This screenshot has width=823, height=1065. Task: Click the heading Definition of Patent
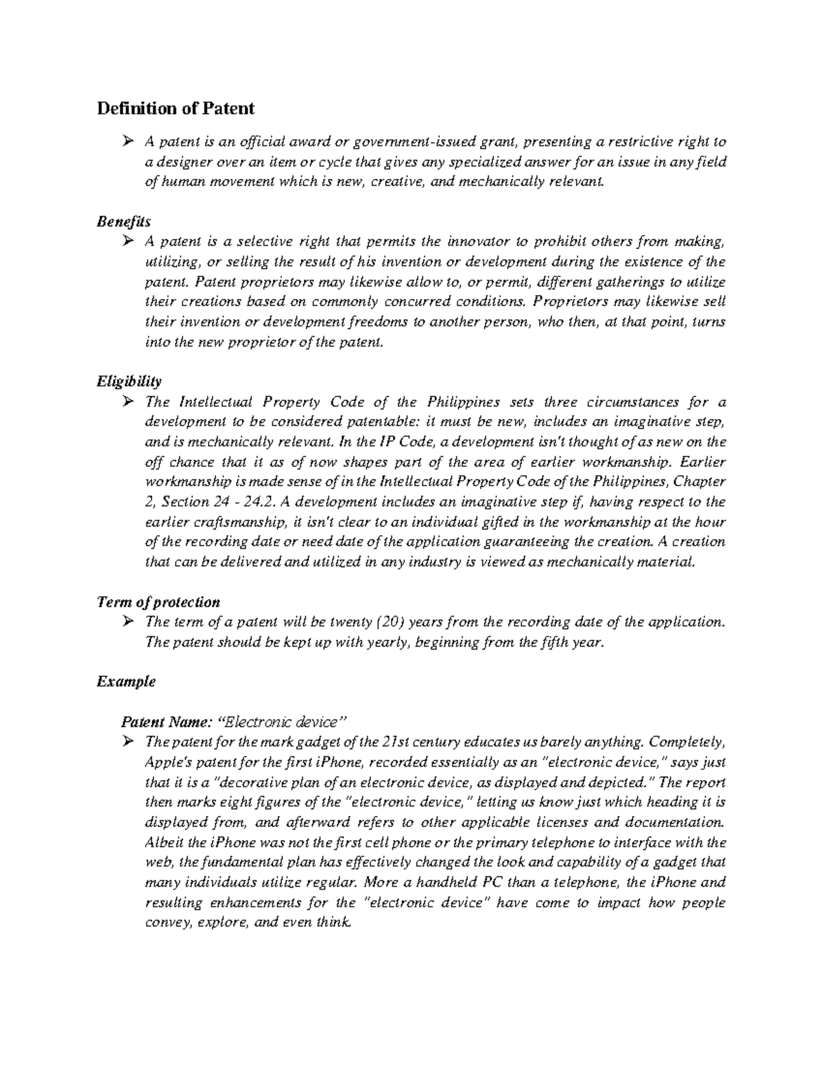176,108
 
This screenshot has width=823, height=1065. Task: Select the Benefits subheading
123,222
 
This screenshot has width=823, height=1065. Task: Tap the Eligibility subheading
129,381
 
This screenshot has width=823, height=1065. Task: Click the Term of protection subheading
158,602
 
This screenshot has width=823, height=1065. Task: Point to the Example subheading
126,682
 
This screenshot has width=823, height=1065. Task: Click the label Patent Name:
167,722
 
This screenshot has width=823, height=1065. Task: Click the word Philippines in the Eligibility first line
464,402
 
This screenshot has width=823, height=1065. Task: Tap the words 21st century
421,742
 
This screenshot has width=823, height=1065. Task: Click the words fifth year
575,643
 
